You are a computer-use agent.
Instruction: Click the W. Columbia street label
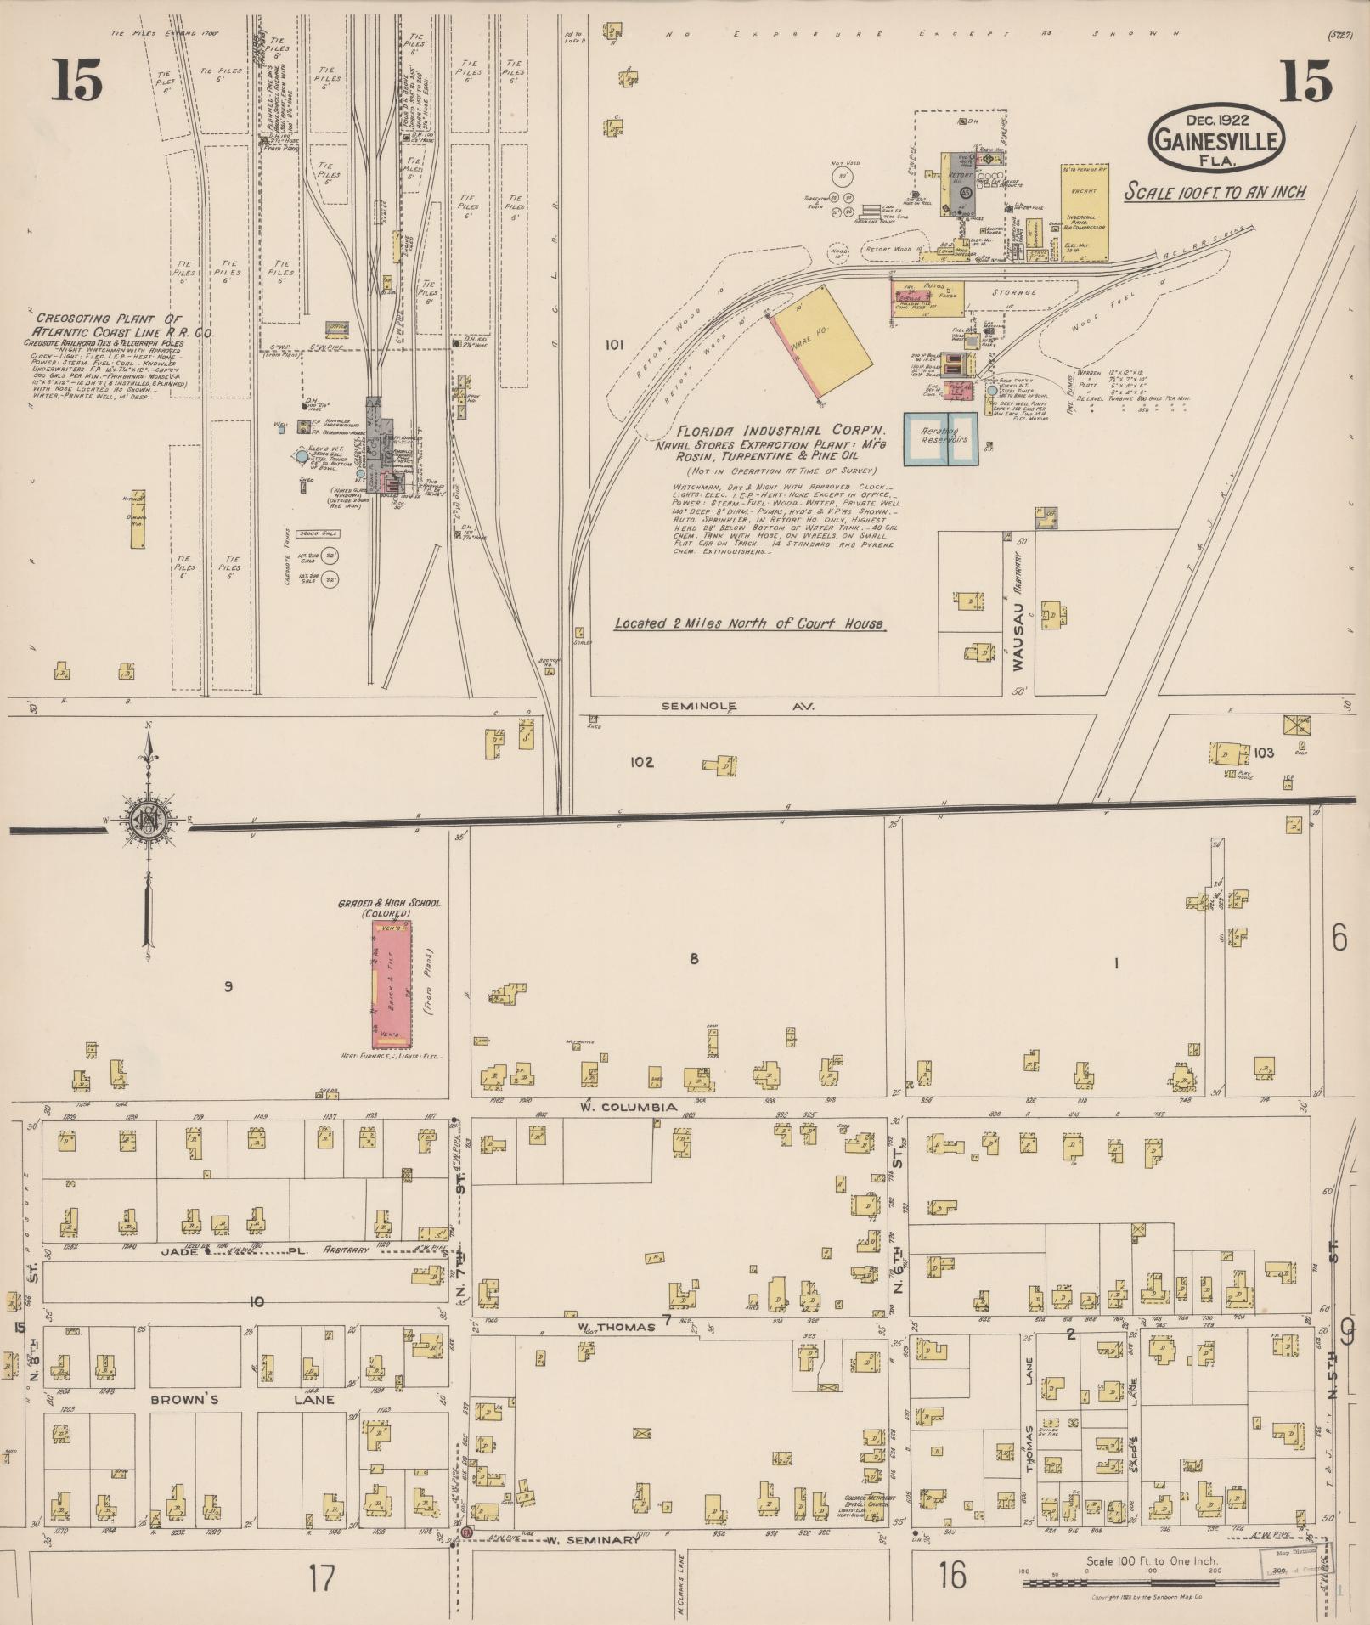pyautogui.click(x=629, y=1108)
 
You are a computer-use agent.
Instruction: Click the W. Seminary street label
pyautogui.click(x=591, y=1540)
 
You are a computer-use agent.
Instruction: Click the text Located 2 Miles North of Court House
pyautogui.click(x=748, y=624)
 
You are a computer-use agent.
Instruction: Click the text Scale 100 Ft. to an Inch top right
pyautogui.click(x=1215, y=192)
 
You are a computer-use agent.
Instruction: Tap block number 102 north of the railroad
pyautogui.click(x=641, y=762)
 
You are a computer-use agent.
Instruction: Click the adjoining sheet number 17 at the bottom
pyautogui.click(x=322, y=1578)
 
